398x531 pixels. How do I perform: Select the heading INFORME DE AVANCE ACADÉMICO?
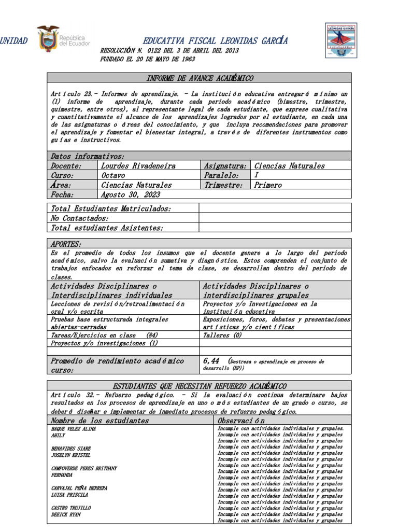(199, 78)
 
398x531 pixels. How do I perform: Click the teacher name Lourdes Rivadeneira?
(138, 166)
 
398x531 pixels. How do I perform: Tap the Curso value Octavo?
(113, 175)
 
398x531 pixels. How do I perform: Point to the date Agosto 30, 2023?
(131, 194)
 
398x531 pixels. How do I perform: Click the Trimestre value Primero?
(268, 185)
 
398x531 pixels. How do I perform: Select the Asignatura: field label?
(224, 166)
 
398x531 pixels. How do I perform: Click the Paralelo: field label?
(222, 175)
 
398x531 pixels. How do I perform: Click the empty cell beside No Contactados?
(275, 218)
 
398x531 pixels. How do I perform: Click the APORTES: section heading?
(66, 244)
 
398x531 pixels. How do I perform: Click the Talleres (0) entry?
(222, 335)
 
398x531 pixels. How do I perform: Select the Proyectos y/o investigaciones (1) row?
(104, 343)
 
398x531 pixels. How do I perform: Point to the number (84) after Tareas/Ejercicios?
(152, 335)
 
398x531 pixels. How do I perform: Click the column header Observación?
(241, 421)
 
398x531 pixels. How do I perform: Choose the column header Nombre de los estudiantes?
(99, 421)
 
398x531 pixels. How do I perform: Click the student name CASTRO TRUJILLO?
(71, 508)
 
